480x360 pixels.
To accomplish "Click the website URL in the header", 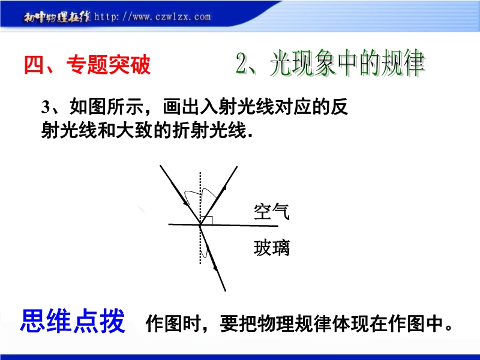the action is coord(152,16).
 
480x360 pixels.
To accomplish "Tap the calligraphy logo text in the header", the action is coord(57,17).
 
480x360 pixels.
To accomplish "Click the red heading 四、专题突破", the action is coord(87,64).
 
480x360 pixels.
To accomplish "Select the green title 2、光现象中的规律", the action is coord(330,63).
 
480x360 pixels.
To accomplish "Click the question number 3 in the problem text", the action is coord(46,107).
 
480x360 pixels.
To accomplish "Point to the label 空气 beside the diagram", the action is coord(272,211).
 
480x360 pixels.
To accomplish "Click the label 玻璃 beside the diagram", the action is coord(272,248).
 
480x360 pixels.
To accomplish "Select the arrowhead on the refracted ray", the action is coord(215,267).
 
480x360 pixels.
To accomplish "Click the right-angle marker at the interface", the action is coord(208,220).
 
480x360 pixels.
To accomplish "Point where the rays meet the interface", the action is coord(200,225).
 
